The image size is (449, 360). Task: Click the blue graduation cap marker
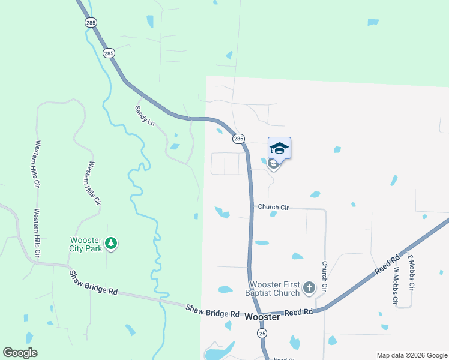(279, 148)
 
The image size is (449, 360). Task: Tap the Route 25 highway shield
(262, 332)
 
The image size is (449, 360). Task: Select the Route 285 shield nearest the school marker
(238, 139)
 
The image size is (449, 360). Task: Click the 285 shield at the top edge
(91, 22)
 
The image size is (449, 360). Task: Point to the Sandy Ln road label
(145, 115)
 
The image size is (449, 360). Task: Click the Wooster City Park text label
(85, 244)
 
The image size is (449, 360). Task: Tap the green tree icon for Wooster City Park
(110, 243)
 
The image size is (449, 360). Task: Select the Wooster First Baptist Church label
(274, 289)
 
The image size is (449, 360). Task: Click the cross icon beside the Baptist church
(309, 288)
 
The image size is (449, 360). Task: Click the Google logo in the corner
(20, 353)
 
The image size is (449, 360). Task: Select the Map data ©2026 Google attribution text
(412, 355)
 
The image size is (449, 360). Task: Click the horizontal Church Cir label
(273, 207)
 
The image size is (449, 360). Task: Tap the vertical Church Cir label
(324, 276)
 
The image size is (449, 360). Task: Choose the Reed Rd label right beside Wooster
(299, 312)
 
